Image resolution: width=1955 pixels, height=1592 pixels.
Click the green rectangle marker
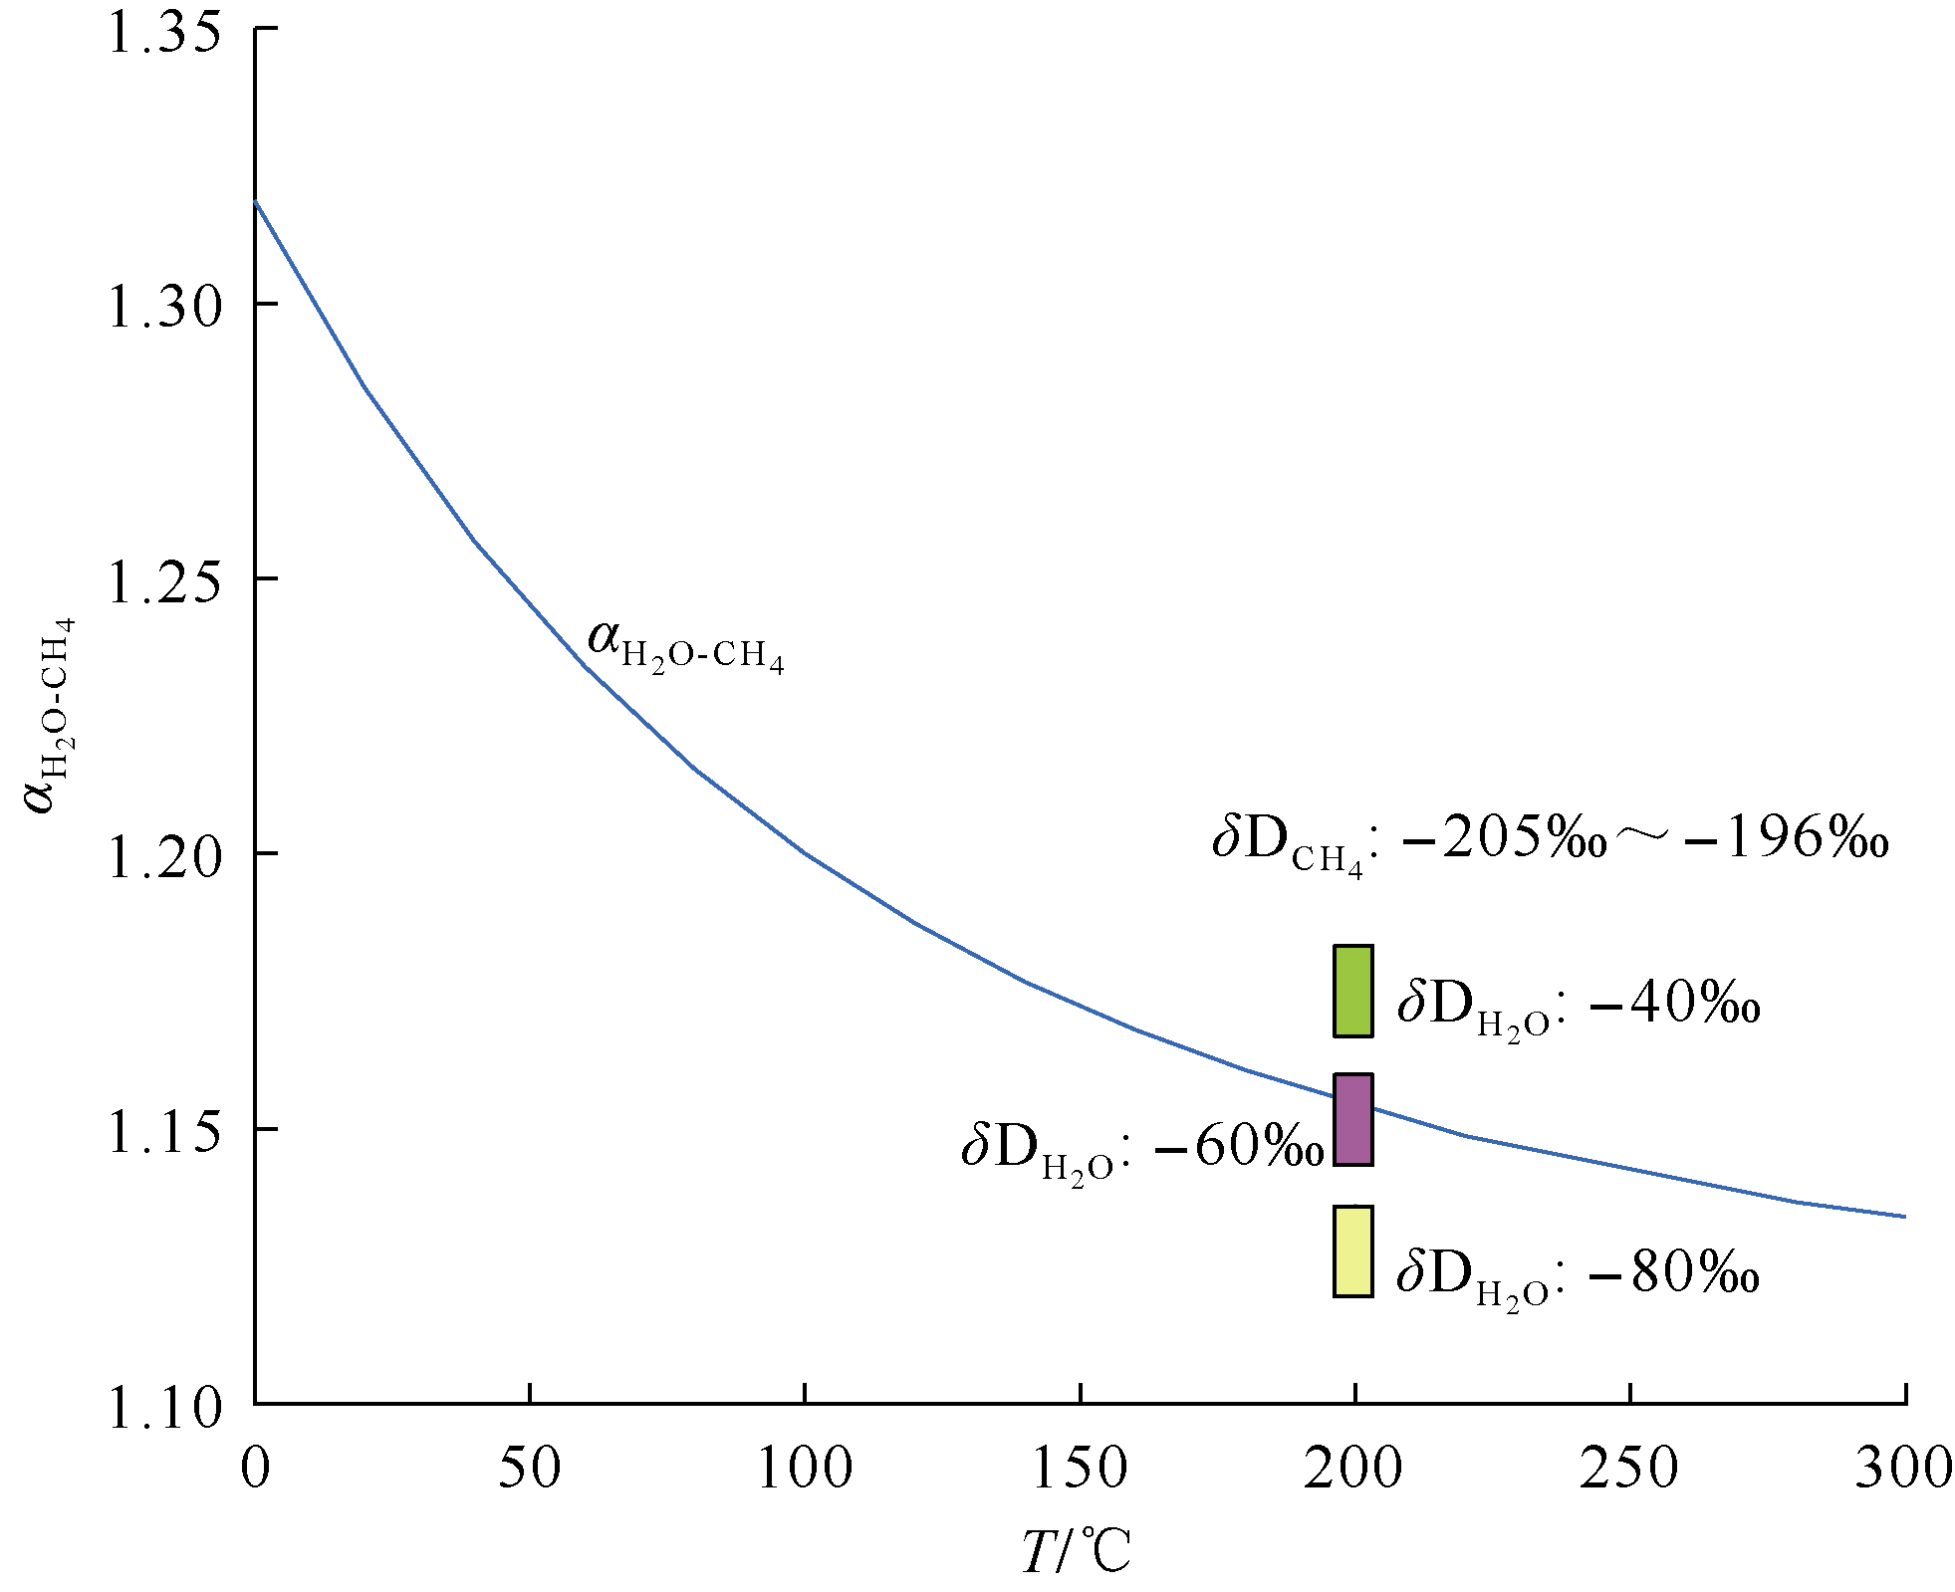tap(1352, 991)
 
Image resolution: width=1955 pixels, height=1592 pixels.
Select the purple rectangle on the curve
tap(1352, 1119)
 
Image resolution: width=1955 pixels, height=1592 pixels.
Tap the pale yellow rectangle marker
tap(1352, 1251)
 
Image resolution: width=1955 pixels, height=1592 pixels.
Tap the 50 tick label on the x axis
tap(530, 1469)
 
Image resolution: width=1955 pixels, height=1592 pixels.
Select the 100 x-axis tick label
tap(805, 1469)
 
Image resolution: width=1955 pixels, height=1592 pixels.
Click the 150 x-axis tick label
tap(1080, 1469)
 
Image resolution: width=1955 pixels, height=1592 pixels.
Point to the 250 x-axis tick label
tap(1629, 1469)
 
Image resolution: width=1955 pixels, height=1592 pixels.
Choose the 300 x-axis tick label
tap(1902, 1469)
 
